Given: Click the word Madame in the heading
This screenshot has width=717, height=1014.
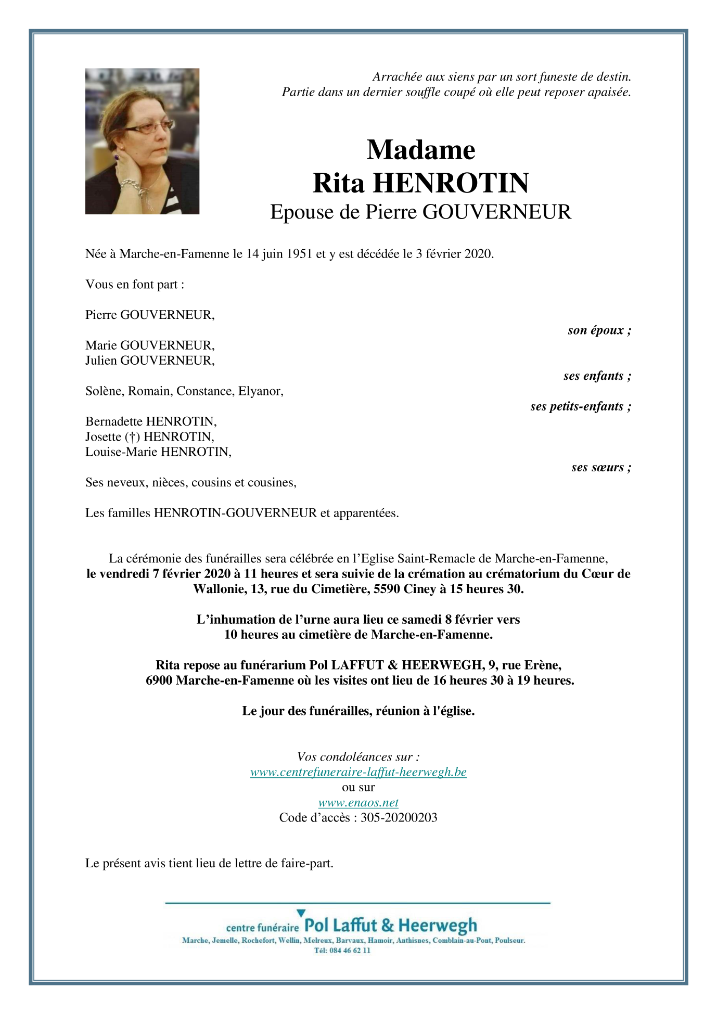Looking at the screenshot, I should [x=420, y=150].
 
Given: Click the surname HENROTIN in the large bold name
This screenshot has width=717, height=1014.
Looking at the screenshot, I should [x=451, y=183].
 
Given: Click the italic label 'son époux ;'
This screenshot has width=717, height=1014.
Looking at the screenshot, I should [x=599, y=330].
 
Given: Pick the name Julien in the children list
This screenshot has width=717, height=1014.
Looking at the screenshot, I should [x=101, y=361].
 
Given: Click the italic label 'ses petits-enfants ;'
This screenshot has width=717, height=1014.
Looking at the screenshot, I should [x=581, y=406].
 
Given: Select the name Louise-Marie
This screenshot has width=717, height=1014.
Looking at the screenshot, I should [x=122, y=452].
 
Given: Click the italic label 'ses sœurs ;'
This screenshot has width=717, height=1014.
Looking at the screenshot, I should [x=601, y=467].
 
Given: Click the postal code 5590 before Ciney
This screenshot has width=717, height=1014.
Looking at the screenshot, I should [x=387, y=589].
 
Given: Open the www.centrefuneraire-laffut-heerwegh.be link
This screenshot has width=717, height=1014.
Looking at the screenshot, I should [x=358, y=772].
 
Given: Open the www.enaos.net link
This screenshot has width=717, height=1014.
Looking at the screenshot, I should [x=358, y=803].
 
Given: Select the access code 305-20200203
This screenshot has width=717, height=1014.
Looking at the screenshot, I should [x=399, y=818].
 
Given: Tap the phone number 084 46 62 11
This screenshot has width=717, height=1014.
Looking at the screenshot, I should [x=350, y=951].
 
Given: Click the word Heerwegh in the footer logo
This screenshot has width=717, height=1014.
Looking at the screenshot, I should [x=437, y=926].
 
